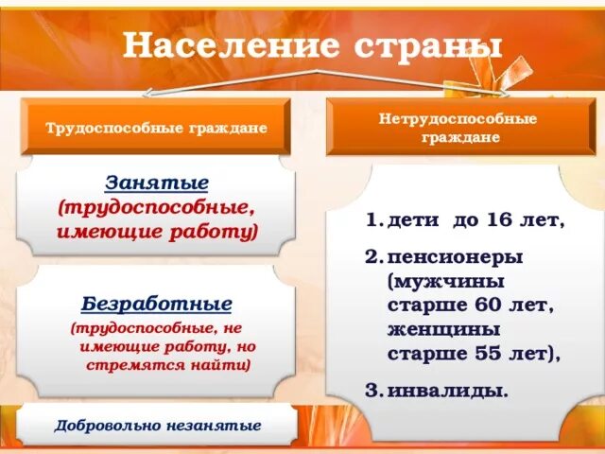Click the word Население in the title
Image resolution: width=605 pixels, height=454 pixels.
(x=220, y=44)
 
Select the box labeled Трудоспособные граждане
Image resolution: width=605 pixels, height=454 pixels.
(x=157, y=127)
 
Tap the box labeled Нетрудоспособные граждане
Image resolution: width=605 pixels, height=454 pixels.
(x=458, y=128)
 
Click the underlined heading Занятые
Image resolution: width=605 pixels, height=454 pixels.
(x=157, y=182)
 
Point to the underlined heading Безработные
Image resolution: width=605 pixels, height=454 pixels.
(x=157, y=305)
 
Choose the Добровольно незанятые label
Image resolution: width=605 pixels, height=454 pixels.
(x=157, y=425)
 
